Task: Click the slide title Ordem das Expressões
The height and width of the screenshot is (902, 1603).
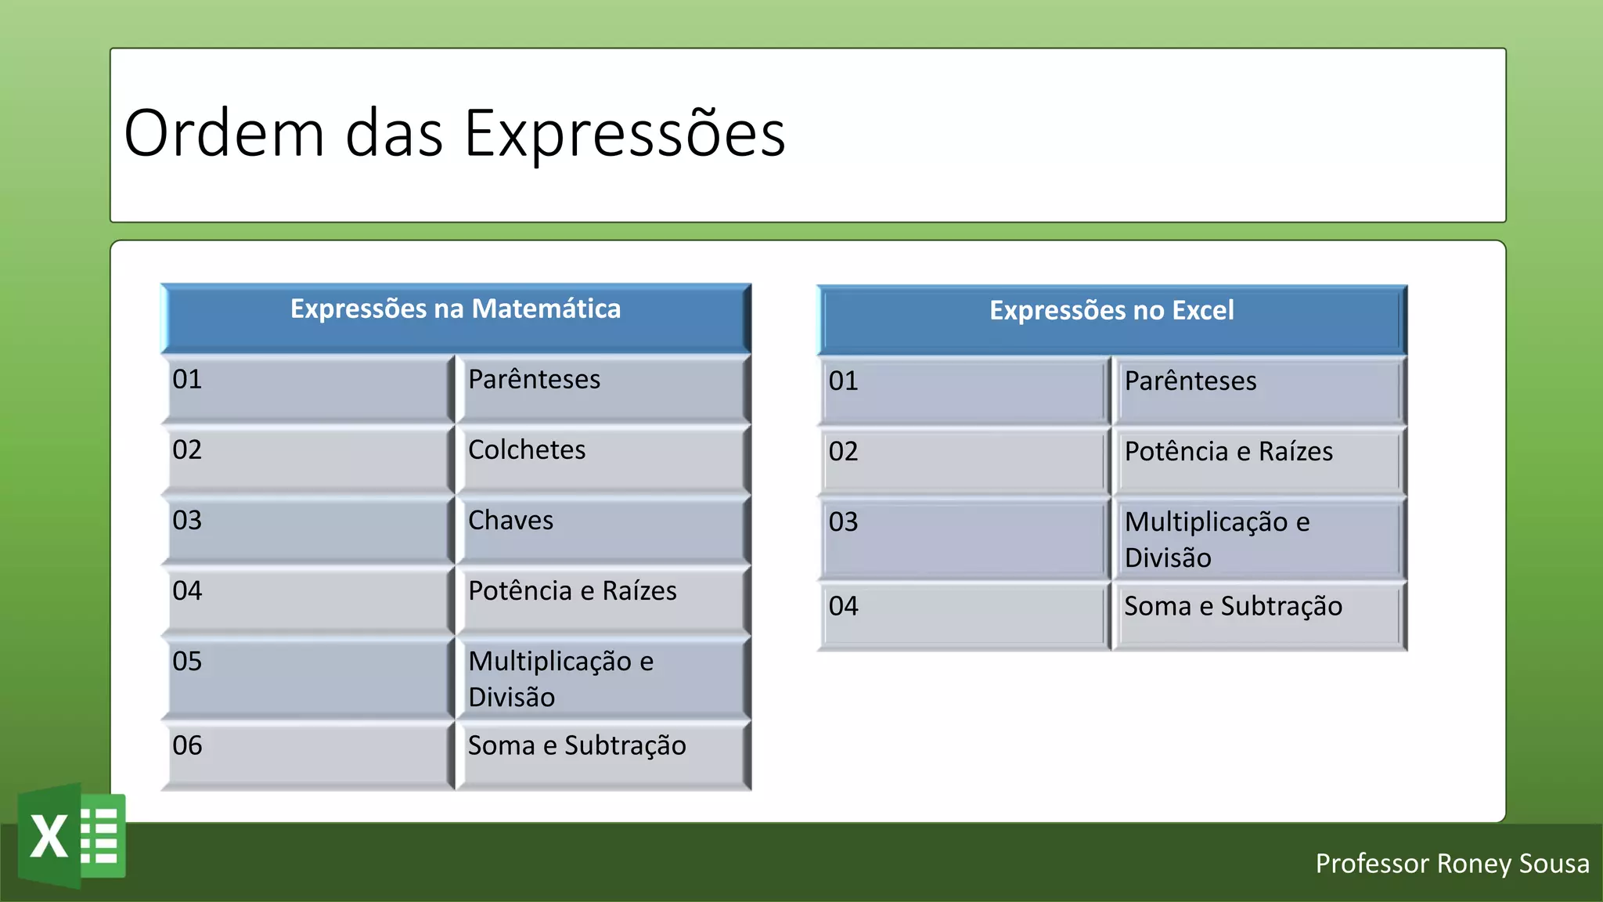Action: coord(454,133)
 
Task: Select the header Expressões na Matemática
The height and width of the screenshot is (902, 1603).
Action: coord(456,309)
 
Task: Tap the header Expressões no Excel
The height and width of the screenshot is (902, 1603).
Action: coord(1111,311)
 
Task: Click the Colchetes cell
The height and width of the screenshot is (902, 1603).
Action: coord(527,450)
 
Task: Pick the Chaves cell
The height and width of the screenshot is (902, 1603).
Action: coord(511,521)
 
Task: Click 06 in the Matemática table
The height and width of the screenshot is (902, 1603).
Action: coord(188,745)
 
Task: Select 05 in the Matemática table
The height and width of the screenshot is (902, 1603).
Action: coord(188,662)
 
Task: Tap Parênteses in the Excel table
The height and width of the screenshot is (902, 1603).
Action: coord(1190,381)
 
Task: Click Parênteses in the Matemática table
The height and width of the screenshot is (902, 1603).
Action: coord(534,380)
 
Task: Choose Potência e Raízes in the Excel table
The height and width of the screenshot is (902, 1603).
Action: coord(1228,452)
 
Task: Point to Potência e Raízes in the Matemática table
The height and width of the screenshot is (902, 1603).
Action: coord(572,591)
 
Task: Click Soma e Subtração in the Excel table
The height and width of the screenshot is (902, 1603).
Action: coord(1233,607)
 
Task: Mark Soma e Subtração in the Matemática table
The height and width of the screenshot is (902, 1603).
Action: coord(577,746)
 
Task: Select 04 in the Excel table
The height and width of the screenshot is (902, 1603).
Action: coord(844,607)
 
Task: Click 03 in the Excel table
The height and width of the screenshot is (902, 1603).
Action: coord(844,522)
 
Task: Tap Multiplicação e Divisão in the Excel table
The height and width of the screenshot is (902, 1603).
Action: coord(1217,539)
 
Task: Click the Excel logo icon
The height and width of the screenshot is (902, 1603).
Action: coord(72,836)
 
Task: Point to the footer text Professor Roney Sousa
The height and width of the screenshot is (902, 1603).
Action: coord(1452,864)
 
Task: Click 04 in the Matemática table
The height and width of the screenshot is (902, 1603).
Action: coord(188,591)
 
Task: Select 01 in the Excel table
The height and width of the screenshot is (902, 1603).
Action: coord(844,381)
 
